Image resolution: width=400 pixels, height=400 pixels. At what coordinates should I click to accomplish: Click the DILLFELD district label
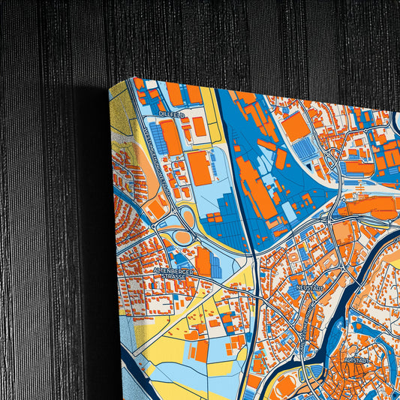[x=171, y=114]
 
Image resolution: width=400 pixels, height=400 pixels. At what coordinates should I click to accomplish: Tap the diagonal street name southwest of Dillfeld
[x=150, y=147]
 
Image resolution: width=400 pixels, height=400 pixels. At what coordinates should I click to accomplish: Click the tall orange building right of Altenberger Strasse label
[x=203, y=261]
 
